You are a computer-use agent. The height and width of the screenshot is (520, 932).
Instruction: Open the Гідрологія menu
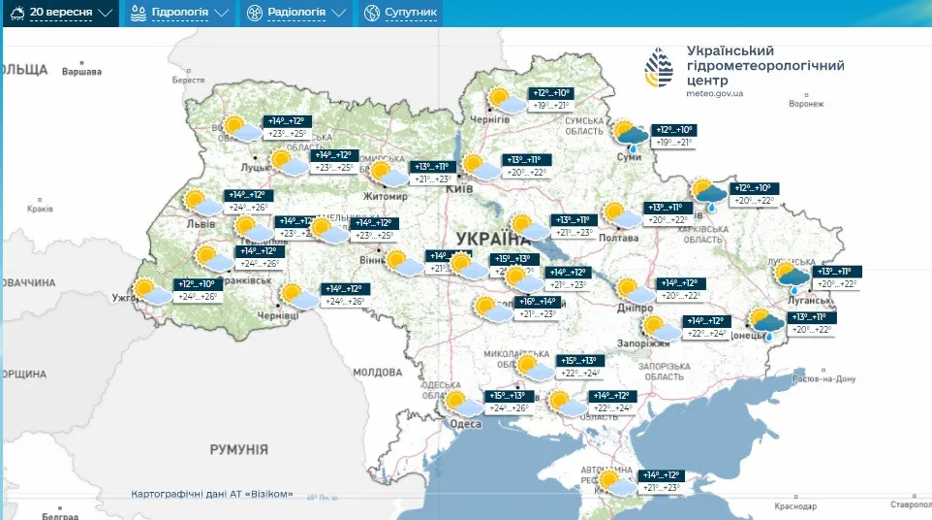(x=180, y=13)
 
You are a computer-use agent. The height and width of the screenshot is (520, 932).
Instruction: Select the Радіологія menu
(x=296, y=13)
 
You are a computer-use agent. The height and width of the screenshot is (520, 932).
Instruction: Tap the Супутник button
(x=400, y=13)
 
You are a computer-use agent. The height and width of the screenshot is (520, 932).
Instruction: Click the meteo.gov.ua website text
(x=714, y=93)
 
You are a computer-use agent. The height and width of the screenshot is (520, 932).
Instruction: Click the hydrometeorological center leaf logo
(x=664, y=67)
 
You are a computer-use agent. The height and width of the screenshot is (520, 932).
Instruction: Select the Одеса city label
(x=466, y=423)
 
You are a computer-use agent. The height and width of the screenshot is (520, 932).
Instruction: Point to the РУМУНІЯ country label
(x=238, y=449)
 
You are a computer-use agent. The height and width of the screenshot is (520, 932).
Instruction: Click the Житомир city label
(x=388, y=195)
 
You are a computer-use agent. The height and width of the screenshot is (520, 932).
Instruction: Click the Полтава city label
(x=620, y=238)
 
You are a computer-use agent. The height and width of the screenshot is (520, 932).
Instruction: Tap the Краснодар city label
(x=796, y=506)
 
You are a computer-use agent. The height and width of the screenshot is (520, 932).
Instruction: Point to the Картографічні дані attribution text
(x=211, y=494)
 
